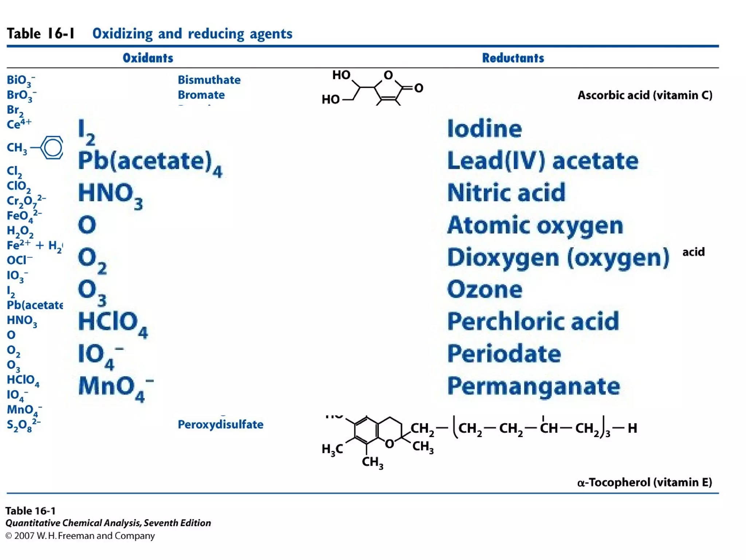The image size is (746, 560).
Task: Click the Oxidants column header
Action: click(x=148, y=58)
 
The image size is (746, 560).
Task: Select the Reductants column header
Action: click(x=513, y=58)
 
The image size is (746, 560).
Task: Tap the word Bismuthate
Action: click(x=209, y=80)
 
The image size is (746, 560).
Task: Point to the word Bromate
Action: click(x=201, y=95)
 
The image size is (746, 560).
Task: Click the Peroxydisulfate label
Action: click(x=220, y=424)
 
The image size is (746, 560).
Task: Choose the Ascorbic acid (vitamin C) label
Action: click(x=645, y=95)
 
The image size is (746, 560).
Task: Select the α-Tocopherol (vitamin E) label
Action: click(x=644, y=482)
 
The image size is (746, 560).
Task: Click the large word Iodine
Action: click(x=484, y=129)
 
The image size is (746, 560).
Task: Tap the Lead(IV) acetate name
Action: click(x=543, y=161)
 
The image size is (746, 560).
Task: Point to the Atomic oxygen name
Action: click(x=535, y=225)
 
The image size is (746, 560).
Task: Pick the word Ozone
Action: click(x=484, y=289)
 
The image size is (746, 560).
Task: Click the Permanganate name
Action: click(x=534, y=386)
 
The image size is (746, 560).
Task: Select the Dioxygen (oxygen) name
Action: click(x=558, y=257)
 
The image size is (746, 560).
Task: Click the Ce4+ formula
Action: click(x=19, y=124)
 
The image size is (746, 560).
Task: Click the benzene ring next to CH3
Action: click(x=52, y=148)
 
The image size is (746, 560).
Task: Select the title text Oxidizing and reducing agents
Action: click(x=192, y=34)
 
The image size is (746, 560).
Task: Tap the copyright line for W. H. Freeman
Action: click(x=80, y=536)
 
